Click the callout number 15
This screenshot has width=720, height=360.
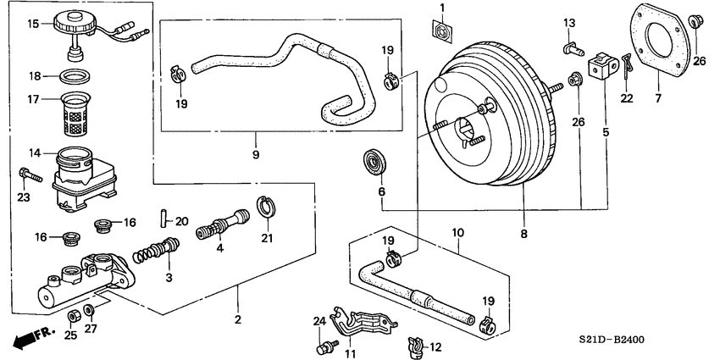click(x=33, y=23)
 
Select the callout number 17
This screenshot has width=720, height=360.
click(x=33, y=99)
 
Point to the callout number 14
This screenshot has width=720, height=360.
click(x=33, y=153)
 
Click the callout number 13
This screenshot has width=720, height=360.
click(x=569, y=21)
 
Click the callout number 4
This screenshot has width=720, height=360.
click(x=219, y=249)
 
